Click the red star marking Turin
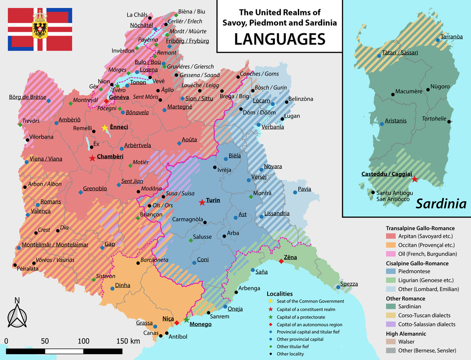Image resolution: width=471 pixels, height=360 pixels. tap(202, 202)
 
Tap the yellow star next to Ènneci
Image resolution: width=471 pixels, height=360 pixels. tap(105, 128)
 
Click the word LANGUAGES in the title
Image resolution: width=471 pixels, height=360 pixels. tap(279, 40)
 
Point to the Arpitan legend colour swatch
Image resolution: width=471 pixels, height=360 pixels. tap(391, 236)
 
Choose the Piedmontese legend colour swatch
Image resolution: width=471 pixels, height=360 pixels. tap(391, 271)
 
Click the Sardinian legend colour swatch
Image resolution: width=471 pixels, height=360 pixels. tap(391, 307)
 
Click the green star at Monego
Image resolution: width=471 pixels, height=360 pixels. tap(186, 320)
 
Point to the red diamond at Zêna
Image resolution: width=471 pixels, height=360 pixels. tap(281, 261)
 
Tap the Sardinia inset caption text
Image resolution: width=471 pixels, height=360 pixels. tap(440, 204)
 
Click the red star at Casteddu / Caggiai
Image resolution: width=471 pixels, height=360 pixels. tap(414, 179)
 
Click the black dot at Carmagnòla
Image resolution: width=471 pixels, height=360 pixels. tap(205, 222)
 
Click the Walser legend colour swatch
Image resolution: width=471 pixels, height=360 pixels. tap(391, 342)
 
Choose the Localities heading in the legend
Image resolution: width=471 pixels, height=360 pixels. tap(279, 293)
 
